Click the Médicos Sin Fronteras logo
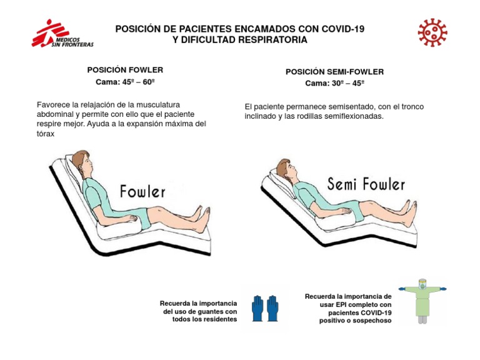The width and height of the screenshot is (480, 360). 62,34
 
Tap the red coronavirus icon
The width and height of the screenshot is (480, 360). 432,32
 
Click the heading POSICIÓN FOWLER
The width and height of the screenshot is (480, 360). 125,70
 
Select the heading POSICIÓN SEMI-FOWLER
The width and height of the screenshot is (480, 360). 334,72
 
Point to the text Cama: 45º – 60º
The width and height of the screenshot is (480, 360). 125,82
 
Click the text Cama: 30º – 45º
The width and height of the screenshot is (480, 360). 334,83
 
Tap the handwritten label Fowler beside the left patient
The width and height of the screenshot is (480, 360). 142,191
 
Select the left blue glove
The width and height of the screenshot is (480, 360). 257,308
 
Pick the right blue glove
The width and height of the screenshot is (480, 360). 272,308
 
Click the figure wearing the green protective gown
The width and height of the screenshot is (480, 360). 422,301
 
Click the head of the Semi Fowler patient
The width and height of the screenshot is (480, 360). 286,171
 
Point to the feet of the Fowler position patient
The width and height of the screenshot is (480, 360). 201,219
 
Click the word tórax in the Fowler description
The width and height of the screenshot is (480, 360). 45,134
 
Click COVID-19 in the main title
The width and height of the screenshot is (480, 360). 343,29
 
